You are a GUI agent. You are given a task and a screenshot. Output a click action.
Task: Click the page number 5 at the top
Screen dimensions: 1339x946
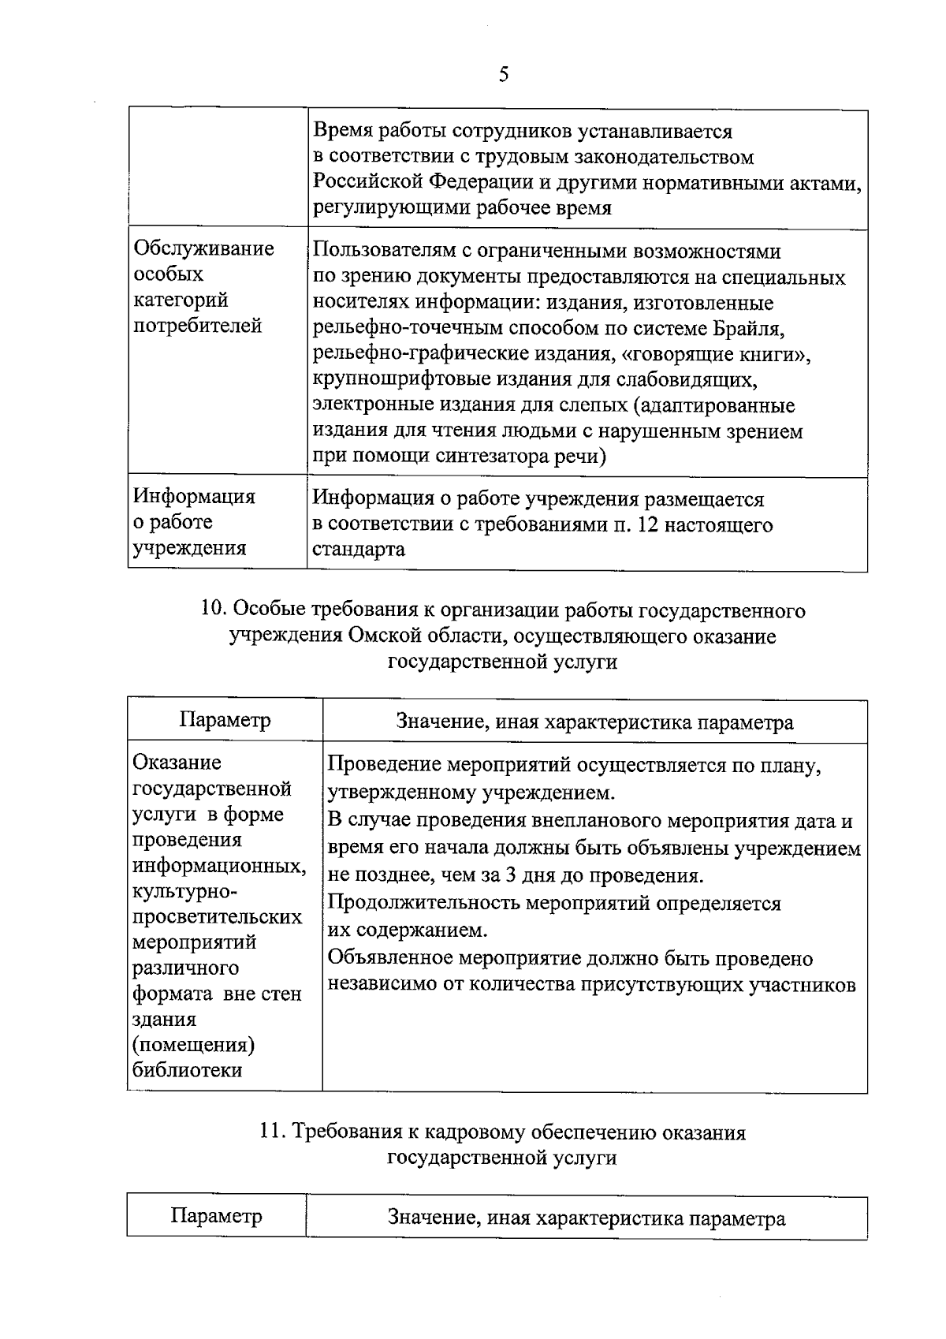(x=504, y=75)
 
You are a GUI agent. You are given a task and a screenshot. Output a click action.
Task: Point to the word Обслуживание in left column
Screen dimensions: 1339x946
(x=203, y=248)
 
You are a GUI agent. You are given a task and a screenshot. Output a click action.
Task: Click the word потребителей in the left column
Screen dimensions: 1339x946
(x=197, y=326)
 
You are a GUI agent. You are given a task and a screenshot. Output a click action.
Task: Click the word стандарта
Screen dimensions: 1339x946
(x=359, y=550)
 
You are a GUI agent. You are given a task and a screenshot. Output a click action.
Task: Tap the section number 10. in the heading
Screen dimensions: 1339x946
(x=215, y=610)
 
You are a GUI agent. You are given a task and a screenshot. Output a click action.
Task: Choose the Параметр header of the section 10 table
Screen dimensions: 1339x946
(x=225, y=720)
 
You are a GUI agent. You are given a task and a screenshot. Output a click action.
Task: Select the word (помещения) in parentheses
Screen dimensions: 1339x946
(x=193, y=1044)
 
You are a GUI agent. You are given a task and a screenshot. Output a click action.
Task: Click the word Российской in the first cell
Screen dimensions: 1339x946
(x=369, y=182)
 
